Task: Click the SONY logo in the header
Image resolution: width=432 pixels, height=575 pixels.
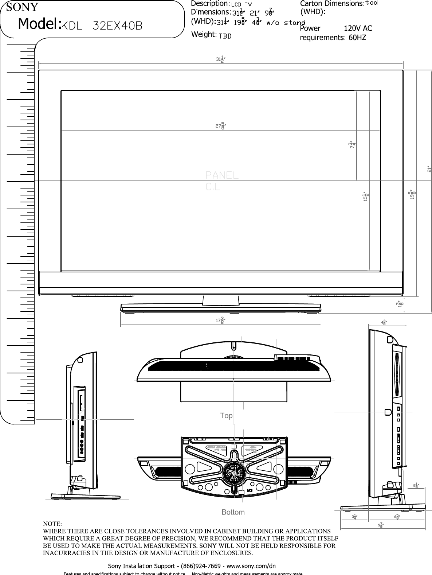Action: [x=22, y=7]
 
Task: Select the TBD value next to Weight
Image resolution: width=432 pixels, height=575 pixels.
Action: [x=224, y=35]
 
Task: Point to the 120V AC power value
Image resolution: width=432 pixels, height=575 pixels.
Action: [x=358, y=28]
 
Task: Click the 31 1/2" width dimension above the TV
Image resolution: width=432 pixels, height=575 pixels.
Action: [x=220, y=59]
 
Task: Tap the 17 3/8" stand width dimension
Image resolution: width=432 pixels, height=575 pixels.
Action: [x=220, y=320]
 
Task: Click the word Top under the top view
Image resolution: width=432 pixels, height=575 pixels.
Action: [x=226, y=416]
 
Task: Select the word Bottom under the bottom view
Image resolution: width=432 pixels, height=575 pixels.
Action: [x=233, y=512]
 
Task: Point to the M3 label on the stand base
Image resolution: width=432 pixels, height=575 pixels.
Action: [x=250, y=490]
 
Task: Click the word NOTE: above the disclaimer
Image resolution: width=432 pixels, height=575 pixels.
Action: [x=53, y=524]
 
